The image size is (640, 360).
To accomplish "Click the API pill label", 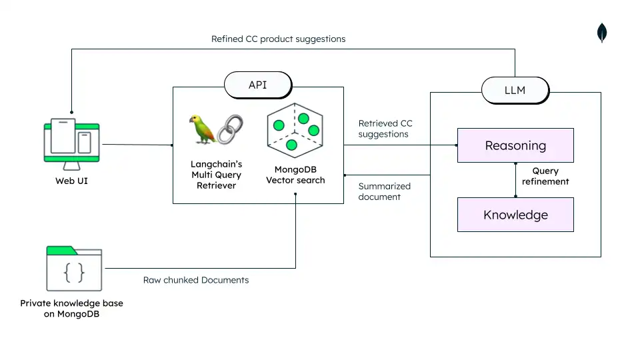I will coord(258,85).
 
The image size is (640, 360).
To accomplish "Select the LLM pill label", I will coord(515,90).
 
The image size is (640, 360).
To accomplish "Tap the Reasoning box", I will coord(515,145).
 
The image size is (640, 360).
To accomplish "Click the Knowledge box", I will coord(515,215).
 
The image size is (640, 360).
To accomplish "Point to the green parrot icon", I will coord(203,129).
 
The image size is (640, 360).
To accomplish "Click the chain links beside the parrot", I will coord(231,129).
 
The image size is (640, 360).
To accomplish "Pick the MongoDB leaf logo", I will coord(602,33).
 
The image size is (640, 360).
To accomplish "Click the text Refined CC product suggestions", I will coord(278,39).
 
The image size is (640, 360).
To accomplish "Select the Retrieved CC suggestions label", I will coord(385,129).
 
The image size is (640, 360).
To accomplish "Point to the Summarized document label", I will coord(385,191).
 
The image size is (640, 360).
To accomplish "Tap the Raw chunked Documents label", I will coord(196,280).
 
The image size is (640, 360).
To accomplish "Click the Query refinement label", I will coord(545,176).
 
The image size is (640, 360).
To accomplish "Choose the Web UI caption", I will coord(71,180).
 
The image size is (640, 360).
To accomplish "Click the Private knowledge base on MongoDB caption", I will coord(71,308).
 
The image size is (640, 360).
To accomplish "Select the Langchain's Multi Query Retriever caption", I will coord(216,174).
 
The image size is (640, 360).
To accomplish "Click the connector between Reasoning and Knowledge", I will coord(515,180).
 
